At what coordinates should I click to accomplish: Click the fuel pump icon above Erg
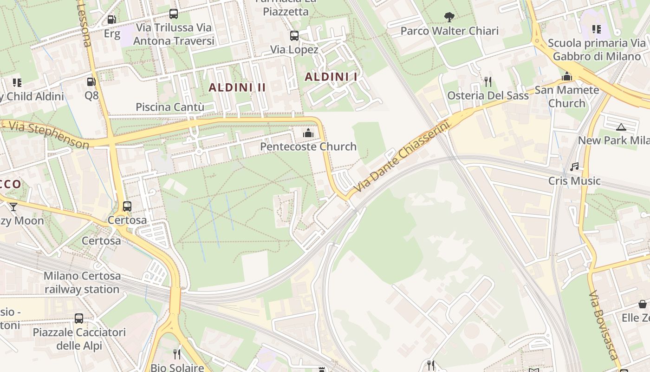point(111,20)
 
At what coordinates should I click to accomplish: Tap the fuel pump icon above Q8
point(91,82)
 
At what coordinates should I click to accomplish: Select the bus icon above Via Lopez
point(294,36)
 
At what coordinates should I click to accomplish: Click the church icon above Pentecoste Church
point(308,133)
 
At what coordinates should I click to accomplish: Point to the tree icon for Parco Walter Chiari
point(449,17)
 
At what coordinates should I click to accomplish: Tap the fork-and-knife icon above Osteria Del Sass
point(487,82)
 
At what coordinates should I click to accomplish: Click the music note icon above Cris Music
point(574,166)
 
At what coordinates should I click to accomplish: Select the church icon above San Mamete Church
point(567,76)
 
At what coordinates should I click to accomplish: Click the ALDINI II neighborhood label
point(237,87)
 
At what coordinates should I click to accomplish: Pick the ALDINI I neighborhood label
point(331,77)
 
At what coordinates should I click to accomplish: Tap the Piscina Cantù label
point(170,107)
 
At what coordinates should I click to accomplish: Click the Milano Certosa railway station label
point(82,282)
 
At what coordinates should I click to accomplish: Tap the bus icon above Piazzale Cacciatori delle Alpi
point(79,319)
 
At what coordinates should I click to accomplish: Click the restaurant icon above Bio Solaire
point(177,354)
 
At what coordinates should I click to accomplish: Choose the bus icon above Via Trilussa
point(173,14)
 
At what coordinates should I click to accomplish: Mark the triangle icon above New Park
point(621,127)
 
